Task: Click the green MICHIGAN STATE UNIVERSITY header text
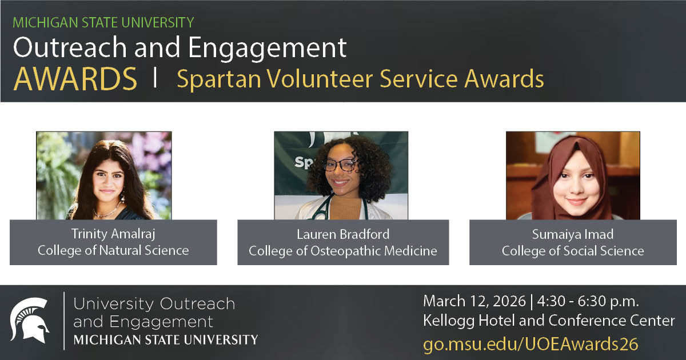pos(103,23)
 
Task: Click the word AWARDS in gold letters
pos(75,79)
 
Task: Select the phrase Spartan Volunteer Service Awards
pos(360,79)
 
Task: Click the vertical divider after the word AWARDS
pos(155,78)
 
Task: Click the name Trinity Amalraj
pos(113,234)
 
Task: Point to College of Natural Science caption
pos(113,250)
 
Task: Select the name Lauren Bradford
pos(343,234)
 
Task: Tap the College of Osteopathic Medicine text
pos(343,250)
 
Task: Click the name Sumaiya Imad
pos(573,234)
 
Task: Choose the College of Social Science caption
pos(573,250)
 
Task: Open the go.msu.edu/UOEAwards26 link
pos(531,344)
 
